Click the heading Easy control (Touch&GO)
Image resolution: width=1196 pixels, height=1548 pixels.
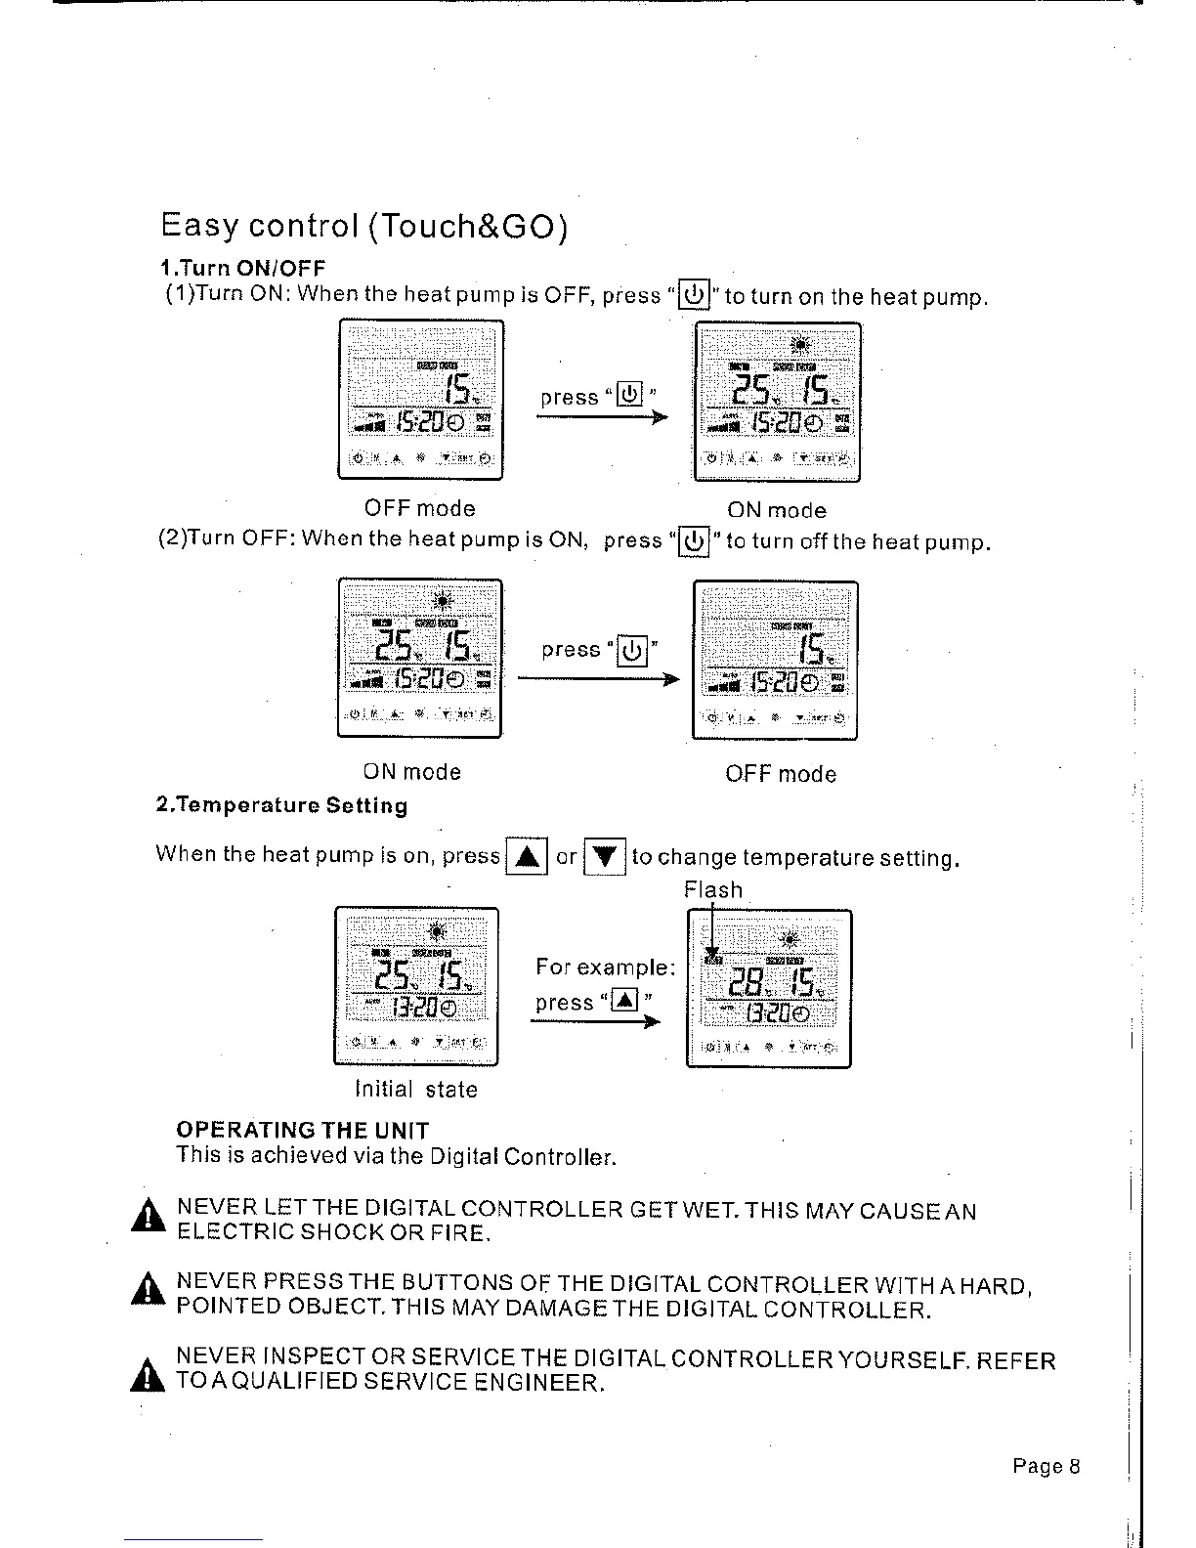coord(363,227)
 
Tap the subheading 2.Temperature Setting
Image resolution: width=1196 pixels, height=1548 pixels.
coord(281,806)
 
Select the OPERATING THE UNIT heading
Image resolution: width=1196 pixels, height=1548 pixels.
coord(302,1130)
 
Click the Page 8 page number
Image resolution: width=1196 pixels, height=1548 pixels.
coord(1046,1466)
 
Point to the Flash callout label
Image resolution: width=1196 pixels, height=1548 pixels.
coord(713,890)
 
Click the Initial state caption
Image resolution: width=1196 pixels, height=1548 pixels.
coord(416,1090)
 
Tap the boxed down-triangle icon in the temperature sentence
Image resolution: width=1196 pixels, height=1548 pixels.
coord(604,857)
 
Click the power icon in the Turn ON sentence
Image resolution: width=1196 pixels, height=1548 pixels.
coord(693,294)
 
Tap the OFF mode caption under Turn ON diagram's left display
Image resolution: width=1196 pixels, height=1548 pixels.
coord(419,508)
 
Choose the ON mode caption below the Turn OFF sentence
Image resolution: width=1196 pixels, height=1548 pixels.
coord(411,772)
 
